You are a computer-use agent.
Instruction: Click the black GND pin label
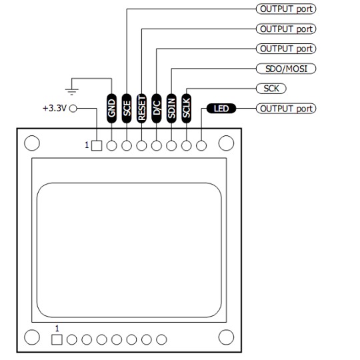(111, 108)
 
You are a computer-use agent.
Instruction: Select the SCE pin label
(127, 108)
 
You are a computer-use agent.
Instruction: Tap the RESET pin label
(141, 108)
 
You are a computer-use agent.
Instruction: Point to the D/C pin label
(157, 108)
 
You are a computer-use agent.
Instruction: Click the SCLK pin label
(187, 108)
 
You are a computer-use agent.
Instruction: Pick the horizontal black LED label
(220, 108)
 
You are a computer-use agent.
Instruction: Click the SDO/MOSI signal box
(286, 69)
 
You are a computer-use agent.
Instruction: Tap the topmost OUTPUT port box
(286, 9)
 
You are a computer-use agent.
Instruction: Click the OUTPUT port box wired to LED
(286, 108)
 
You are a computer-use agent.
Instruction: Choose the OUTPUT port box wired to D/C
(286, 49)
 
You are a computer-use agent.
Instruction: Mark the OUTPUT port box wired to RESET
(286, 29)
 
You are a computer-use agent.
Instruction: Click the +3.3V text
(53, 108)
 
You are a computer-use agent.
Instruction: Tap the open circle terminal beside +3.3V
(73, 108)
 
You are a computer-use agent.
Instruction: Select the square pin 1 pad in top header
(97, 145)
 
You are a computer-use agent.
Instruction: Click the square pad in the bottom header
(57, 339)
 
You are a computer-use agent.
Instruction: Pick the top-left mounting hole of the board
(31, 143)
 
